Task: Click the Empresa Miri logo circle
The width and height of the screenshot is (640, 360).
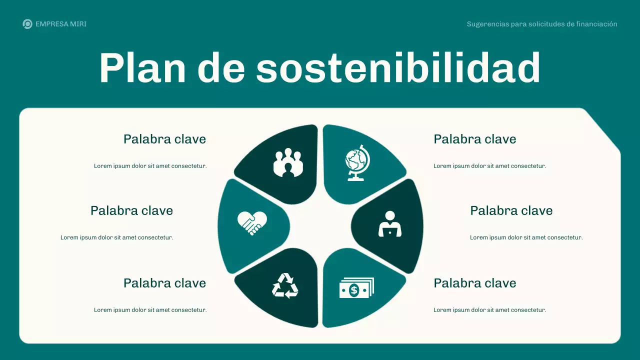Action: point(27,24)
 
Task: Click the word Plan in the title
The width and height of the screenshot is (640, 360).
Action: point(142,68)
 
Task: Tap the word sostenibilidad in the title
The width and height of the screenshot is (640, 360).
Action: point(398,68)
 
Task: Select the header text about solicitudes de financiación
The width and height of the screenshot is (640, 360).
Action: point(542,24)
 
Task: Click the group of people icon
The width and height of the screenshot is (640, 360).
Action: point(288,162)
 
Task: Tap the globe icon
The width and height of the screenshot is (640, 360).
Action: point(357,162)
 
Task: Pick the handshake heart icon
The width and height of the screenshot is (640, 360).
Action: point(252,223)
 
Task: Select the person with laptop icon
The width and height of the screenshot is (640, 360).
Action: point(390,224)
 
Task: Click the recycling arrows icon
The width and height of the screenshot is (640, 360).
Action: point(285,286)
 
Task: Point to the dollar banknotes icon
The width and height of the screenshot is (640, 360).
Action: point(356,288)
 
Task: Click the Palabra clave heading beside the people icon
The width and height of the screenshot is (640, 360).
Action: point(164,139)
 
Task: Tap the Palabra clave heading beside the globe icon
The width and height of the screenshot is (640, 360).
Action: point(474,139)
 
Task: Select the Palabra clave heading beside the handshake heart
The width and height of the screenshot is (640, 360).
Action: point(131,210)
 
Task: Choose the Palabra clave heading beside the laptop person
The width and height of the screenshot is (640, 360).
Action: point(511,210)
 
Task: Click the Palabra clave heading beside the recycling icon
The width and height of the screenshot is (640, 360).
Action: point(164,283)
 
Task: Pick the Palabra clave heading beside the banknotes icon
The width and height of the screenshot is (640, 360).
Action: point(474,283)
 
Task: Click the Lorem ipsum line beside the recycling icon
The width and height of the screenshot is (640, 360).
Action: point(150,310)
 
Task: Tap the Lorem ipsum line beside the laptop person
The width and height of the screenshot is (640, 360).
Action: point(526,237)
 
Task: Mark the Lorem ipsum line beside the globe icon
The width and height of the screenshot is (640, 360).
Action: point(489,166)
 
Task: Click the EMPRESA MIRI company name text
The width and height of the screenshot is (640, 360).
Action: point(61,24)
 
